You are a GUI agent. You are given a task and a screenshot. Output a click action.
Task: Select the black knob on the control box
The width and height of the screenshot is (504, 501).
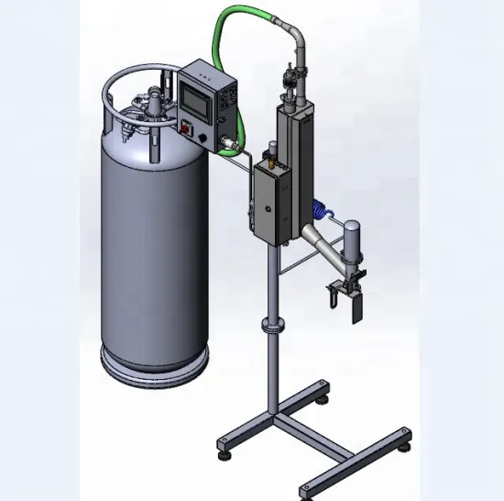tap(190, 129)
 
